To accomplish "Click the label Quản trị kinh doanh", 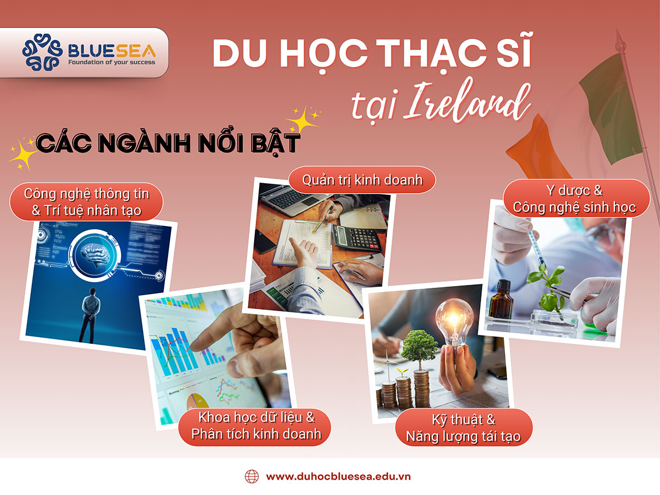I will [x=362, y=179].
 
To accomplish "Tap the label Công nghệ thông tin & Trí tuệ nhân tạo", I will [x=86, y=202].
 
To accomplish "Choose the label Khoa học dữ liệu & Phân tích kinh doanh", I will [x=256, y=426].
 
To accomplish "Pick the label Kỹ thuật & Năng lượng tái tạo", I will [x=463, y=428].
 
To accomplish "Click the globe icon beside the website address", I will [x=251, y=476].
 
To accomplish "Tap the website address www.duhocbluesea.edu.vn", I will [x=338, y=476].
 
